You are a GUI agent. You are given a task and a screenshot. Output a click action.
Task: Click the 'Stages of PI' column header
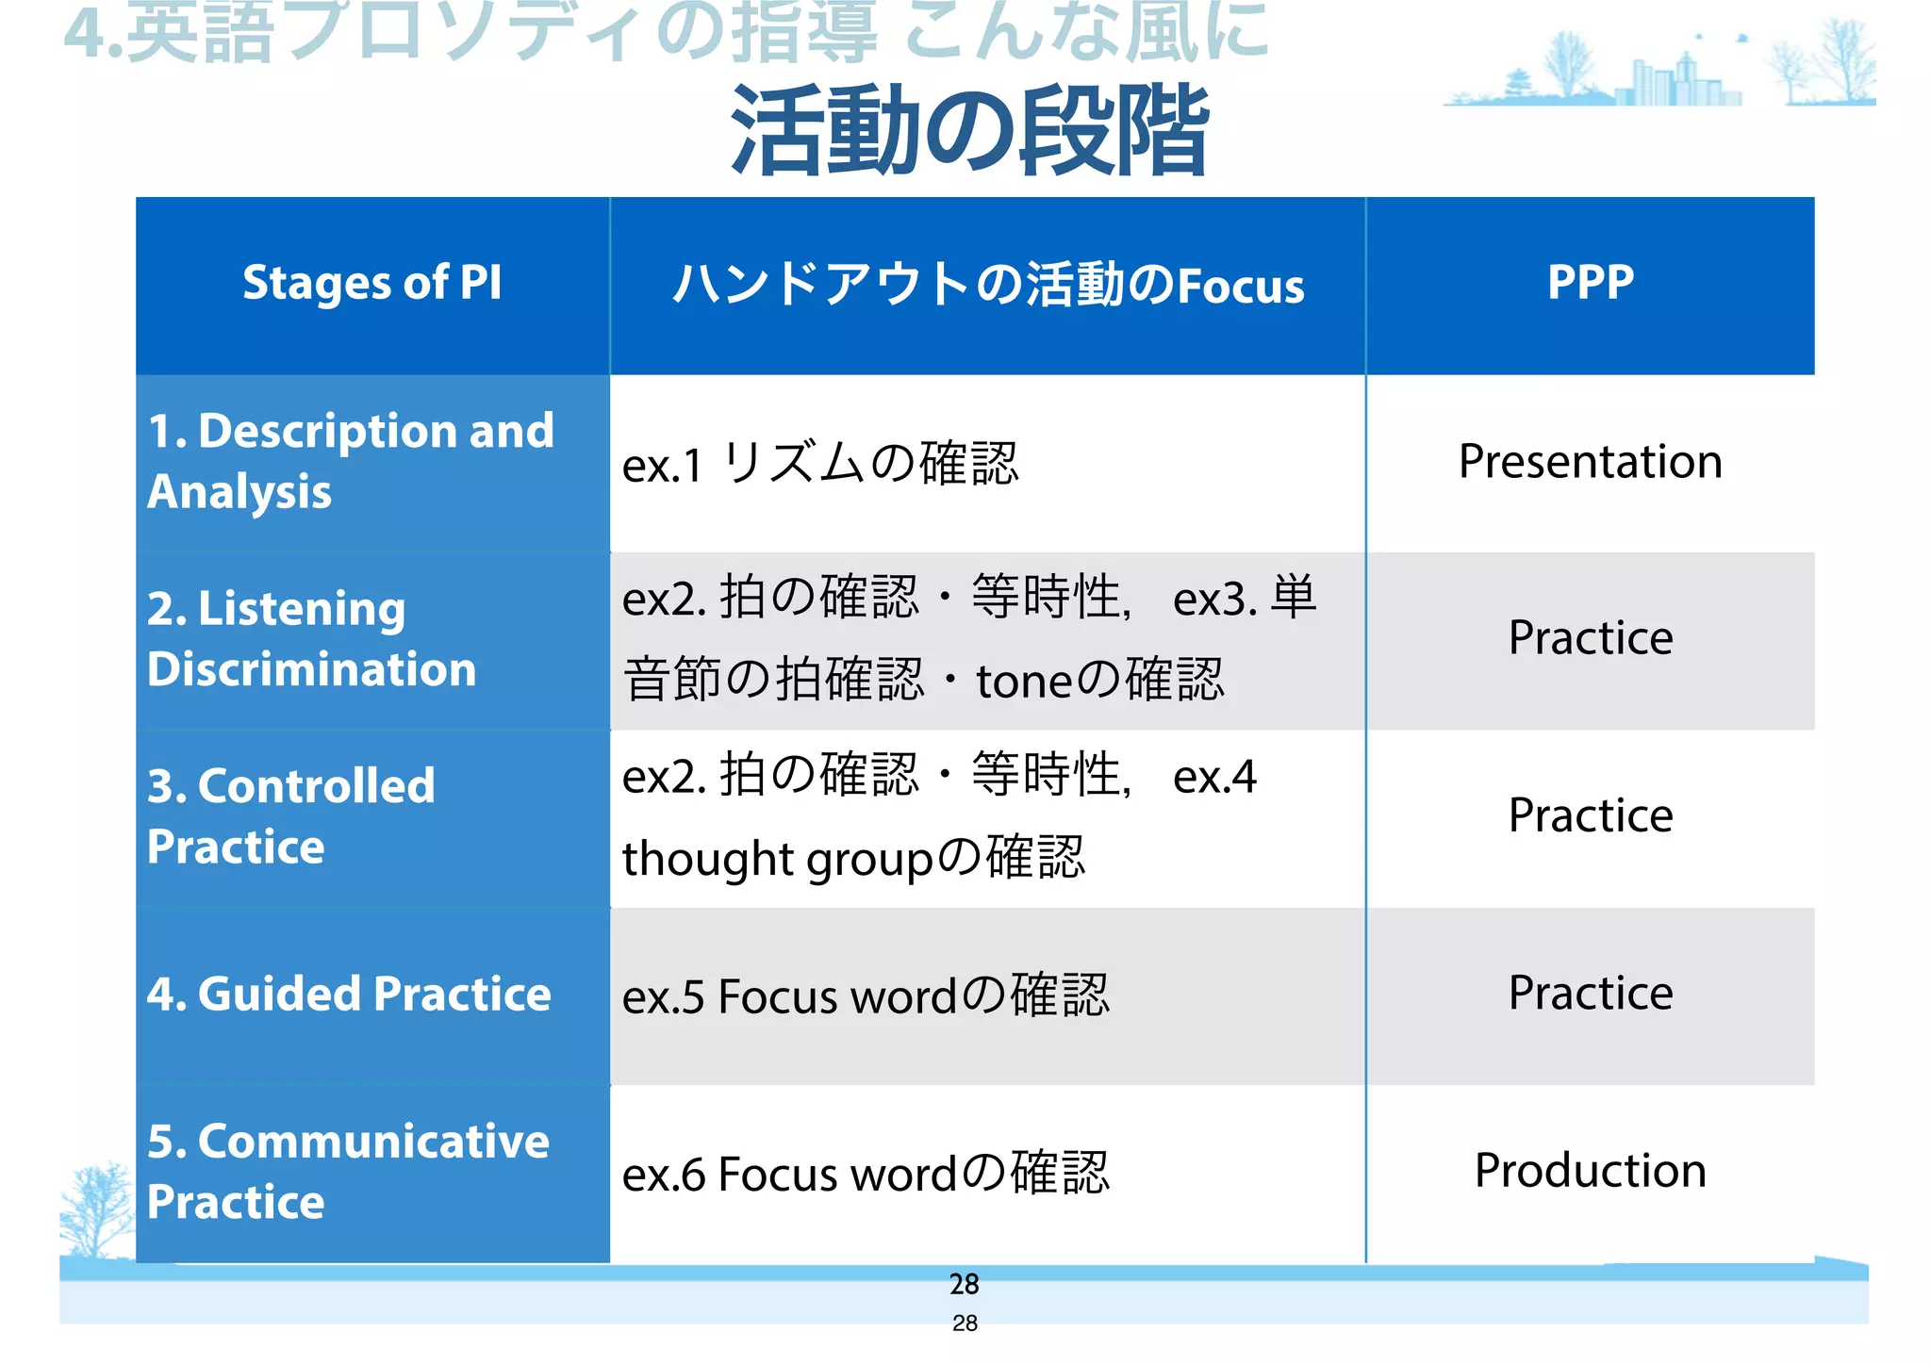click(x=372, y=283)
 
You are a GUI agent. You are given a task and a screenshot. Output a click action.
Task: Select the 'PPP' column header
click(x=1590, y=283)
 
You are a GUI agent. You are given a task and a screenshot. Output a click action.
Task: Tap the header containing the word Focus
click(x=987, y=285)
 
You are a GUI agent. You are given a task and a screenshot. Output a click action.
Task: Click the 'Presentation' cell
click(x=1590, y=462)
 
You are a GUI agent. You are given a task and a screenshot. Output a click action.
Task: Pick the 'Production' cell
click(x=1590, y=1171)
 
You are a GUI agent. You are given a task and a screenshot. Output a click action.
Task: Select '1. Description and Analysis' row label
click(x=351, y=461)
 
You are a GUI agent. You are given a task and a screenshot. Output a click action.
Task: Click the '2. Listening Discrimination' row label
click(x=311, y=638)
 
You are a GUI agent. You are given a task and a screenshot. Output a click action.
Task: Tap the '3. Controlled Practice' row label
click(x=290, y=815)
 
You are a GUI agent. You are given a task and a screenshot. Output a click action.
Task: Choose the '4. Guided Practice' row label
click(x=349, y=994)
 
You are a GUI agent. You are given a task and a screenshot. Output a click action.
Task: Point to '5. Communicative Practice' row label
click(x=347, y=1171)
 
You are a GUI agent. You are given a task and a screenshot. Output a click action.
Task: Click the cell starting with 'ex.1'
click(x=820, y=464)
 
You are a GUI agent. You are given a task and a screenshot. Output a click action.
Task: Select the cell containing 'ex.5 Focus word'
click(x=866, y=995)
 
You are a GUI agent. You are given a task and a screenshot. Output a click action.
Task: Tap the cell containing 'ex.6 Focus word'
click(x=866, y=1174)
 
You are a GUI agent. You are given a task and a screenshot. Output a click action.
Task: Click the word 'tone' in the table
click(x=1024, y=682)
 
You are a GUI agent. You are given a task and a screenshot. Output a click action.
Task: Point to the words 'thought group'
click(x=777, y=860)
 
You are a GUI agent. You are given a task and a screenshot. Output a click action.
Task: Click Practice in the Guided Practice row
click(x=1590, y=994)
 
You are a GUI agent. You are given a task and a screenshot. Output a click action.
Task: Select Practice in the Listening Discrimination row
click(x=1590, y=638)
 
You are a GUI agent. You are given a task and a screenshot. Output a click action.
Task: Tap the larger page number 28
click(x=964, y=1284)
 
